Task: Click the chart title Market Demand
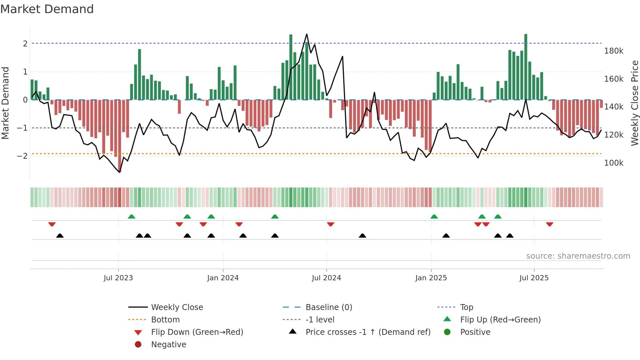click(47, 9)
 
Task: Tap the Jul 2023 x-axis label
click(118, 278)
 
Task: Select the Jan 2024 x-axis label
click(223, 278)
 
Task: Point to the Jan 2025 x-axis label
click(431, 278)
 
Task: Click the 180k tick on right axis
click(614, 51)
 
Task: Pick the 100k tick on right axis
click(614, 163)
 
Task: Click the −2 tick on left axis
click(22, 156)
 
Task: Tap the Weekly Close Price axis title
click(634, 103)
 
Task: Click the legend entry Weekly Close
click(177, 307)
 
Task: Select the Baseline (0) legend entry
click(328, 307)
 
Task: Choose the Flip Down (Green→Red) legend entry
click(197, 332)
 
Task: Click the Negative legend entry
click(168, 345)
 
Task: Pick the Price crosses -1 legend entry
click(368, 332)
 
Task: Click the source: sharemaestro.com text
click(578, 256)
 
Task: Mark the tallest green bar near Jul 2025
click(526, 65)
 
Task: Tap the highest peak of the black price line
click(307, 34)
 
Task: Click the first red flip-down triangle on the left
click(52, 224)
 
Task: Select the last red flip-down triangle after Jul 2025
click(550, 224)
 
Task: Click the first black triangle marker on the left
click(60, 236)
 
